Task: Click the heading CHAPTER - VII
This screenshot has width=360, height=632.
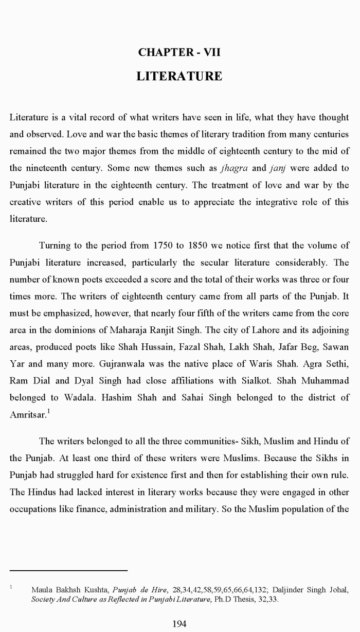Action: tap(179, 52)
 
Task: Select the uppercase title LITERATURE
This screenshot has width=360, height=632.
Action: tap(179, 77)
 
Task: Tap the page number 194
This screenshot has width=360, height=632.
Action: tap(179, 624)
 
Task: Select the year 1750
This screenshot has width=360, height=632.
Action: tap(165, 245)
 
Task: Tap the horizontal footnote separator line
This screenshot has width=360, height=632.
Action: tap(68, 570)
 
